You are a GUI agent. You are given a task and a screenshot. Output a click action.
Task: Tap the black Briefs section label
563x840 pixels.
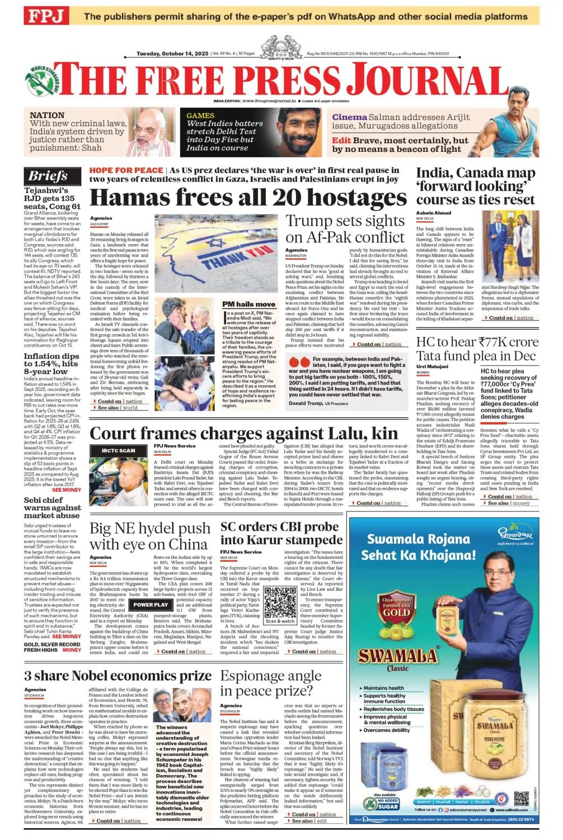(x=48, y=176)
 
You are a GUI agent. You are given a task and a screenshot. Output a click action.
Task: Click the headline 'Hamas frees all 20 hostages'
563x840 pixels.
(x=248, y=198)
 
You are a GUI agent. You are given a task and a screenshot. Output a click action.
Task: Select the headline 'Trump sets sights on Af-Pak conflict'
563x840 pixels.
(x=345, y=229)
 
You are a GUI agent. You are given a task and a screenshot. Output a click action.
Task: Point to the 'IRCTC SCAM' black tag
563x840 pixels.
(x=118, y=450)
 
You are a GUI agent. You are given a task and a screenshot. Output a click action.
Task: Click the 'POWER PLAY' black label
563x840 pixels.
(x=151, y=605)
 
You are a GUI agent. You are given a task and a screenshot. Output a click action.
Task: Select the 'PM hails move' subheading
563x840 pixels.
(x=249, y=304)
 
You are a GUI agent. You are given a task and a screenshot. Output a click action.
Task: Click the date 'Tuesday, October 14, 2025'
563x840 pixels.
(x=172, y=54)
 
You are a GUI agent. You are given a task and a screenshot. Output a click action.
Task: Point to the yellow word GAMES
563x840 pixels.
(x=200, y=115)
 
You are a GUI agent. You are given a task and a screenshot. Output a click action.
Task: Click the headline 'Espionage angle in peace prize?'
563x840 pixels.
(x=270, y=683)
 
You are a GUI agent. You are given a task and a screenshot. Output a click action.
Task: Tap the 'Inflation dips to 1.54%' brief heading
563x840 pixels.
(x=51, y=363)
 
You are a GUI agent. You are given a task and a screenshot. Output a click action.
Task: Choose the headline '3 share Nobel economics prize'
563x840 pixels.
(x=118, y=676)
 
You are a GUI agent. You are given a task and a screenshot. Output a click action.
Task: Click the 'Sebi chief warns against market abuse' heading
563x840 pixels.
(x=51, y=507)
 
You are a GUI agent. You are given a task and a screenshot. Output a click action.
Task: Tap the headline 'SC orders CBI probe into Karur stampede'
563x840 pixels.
(x=281, y=533)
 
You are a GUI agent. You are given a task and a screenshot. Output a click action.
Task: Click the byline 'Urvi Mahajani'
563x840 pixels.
(x=432, y=366)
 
